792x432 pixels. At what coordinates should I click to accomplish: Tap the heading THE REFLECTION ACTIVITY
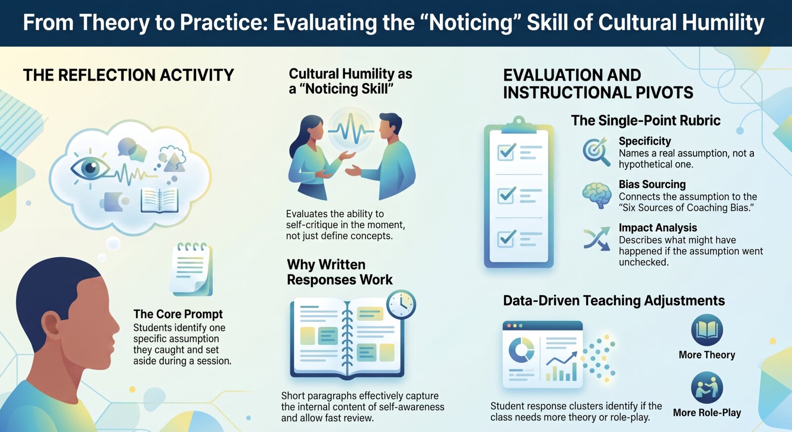tap(128, 75)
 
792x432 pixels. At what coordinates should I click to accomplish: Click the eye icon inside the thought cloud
tap(90, 167)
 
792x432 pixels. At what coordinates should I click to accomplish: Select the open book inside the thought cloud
tap(159, 200)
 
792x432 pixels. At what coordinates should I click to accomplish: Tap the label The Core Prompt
tap(178, 314)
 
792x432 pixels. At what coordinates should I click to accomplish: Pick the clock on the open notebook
tap(401, 304)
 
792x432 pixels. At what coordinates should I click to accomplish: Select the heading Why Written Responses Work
tap(340, 272)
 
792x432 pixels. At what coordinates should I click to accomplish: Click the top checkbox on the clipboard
tap(506, 152)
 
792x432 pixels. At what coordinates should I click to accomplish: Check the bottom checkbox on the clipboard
tap(506, 238)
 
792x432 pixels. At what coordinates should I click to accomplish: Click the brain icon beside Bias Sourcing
tap(597, 195)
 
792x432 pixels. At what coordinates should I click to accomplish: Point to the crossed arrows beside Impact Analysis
tap(597, 239)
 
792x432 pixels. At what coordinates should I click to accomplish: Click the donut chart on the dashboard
tap(522, 350)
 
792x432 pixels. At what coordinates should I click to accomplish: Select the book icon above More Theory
tap(707, 330)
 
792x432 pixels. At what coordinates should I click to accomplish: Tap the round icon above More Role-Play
tap(707, 387)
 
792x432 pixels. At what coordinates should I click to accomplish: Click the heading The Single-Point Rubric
tap(645, 121)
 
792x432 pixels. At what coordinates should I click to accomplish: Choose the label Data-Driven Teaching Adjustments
tap(614, 300)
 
